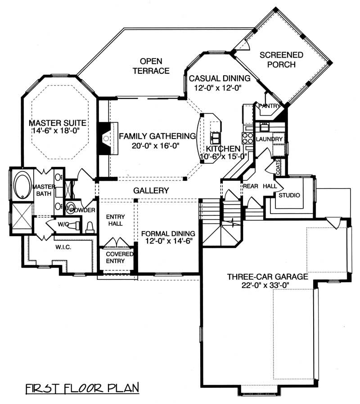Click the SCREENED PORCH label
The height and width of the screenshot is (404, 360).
(282, 59)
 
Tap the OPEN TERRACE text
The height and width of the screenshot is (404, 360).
(151, 66)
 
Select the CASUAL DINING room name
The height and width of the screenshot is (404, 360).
(216, 78)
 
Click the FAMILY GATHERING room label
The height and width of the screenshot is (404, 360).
(157, 136)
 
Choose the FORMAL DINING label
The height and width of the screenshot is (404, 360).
(168, 233)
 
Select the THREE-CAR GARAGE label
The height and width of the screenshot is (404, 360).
(267, 277)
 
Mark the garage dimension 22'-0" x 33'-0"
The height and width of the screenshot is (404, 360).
(267, 286)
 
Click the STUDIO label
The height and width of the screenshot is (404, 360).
(289, 195)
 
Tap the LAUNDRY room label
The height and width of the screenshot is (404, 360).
(269, 139)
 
